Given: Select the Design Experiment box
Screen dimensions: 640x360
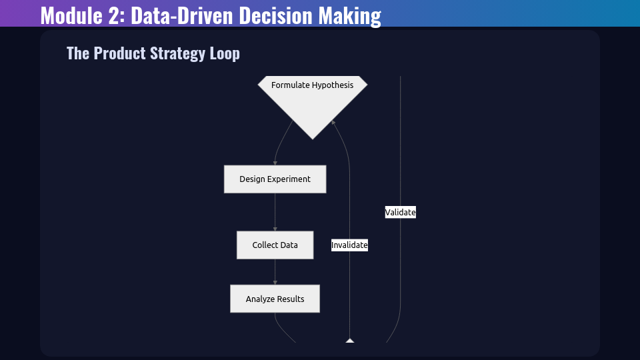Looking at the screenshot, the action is (x=275, y=179).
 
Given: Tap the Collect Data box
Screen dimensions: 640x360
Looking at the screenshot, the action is (x=275, y=245).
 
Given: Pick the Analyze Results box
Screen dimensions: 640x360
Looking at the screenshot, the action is (x=275, y=299).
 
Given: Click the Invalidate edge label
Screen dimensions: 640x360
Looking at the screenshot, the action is (x=349, y=245).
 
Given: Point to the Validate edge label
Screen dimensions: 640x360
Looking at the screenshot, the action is (x=401, y=212).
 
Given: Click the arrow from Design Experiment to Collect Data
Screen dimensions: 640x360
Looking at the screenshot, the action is (x=275, y=212).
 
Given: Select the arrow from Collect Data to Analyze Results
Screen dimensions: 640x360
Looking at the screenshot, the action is (x=275, y=272).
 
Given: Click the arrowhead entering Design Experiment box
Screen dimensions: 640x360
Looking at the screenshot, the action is (x=275, y=163).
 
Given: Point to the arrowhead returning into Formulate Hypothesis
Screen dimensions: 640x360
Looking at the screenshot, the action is (x=333, y=122).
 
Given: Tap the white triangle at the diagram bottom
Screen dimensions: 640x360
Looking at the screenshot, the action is (x=350, y=341).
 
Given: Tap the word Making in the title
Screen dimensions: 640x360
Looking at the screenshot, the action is (x=350, y=16).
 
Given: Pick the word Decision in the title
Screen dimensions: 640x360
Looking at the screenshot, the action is (x=275, y=15).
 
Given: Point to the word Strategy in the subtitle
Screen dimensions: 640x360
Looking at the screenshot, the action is (x=177, y=53).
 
